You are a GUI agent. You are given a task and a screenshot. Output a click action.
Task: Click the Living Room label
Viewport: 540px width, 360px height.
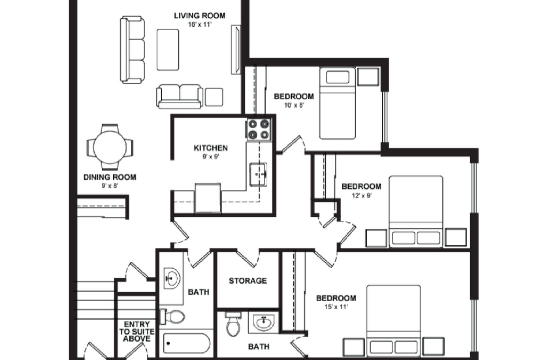pyautogui.click(x=200, y=16)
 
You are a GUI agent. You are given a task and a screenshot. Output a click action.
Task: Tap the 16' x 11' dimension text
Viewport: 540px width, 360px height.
pyautogui.click(x=200, y=24)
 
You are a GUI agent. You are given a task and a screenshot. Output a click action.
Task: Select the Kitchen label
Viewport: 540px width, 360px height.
pyautogui.click(x=211, y=148)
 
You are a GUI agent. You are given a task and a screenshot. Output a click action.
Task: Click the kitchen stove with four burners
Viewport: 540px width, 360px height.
pyautogui.click(x=259, y=129)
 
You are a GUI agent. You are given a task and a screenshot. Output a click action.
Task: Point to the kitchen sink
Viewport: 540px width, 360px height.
pyautogui.click(x=258, y=174)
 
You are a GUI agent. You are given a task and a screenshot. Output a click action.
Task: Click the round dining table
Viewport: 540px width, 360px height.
pyautogui.click(x=110, y=147)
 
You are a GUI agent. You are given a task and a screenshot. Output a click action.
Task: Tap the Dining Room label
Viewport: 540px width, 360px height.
pyautogui.click(x=110, y=177)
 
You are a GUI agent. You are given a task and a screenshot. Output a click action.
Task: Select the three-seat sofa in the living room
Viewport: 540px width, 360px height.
pyautogui.click(x=132, y=50)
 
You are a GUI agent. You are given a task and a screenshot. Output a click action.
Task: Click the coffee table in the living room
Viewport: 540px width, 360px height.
pyautogui.click(x=168, y=50)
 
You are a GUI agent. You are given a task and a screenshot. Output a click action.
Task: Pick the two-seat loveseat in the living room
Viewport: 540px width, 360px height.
pyautogui.click(x=179, y=96)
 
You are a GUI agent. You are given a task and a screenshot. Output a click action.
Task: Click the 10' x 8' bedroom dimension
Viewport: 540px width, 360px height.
pyautogui.click(x=294, y=105)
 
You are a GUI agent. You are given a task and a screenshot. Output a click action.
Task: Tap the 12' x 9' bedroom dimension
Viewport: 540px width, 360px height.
pyautogui.click(x=362, y=196)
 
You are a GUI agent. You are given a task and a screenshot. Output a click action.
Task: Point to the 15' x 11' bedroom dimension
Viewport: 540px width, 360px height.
pyautogui.click(x=336, y=307)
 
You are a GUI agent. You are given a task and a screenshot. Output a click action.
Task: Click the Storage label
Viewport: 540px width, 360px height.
pyautogui.click(x=248, y=281)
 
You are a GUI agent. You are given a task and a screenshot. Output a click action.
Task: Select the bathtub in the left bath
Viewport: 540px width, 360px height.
pyautogui.click(x=187, y=343)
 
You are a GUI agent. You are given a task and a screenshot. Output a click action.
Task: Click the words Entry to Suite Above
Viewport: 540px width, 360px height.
pyautogui.click(x=137, y=332)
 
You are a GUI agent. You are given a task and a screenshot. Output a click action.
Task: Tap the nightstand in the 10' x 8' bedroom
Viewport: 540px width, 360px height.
pyautogui.click(x=368, y=77)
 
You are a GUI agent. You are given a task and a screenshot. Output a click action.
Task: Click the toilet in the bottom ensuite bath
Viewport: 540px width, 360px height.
pyautogui.click(x=233, y=324)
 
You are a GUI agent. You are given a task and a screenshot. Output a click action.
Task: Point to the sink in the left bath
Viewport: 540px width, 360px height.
pyautogui.click(x=172, y=278)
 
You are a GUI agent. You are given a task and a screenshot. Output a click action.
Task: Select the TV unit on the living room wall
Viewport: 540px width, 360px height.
pyautogui.click(x=236, y=50)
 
